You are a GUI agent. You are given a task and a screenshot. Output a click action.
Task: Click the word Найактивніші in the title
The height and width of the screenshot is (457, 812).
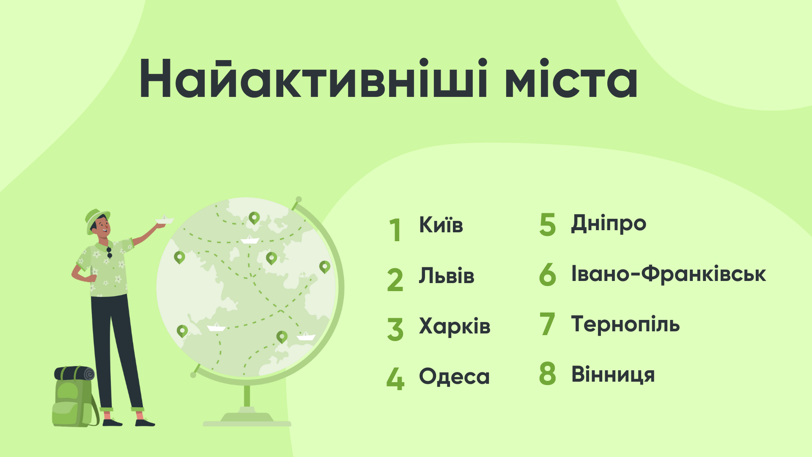313,79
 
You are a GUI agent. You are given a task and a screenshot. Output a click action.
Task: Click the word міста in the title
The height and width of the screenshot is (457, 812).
571,79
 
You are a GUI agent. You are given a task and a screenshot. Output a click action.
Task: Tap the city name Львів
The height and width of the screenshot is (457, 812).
447,275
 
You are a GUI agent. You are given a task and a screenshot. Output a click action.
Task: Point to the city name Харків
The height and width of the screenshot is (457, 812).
455,326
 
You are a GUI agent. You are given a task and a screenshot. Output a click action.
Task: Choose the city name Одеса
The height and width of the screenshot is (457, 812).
454,376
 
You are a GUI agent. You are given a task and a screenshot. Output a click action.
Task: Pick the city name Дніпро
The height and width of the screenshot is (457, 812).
609,223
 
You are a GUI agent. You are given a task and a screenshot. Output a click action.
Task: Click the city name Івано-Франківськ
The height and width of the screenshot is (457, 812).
669,274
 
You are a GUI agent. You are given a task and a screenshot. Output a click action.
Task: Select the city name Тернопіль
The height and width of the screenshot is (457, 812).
625,324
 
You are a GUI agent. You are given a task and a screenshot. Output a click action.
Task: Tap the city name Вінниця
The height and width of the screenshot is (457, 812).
613,374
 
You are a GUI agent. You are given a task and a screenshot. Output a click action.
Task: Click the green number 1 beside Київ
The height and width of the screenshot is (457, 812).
395,230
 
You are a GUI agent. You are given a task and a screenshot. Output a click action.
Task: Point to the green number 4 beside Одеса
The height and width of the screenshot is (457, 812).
395,379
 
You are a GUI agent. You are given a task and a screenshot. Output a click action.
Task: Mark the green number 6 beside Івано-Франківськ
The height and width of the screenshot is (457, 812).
548,274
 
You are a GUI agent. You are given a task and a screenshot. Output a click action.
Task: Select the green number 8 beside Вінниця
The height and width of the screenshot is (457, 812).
548,374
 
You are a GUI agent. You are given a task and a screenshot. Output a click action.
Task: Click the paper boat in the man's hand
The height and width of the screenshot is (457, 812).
165,220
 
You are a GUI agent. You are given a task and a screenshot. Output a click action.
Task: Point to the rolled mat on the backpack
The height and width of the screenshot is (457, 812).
74,373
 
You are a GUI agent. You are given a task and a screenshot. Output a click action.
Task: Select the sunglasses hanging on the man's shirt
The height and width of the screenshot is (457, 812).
109,253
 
